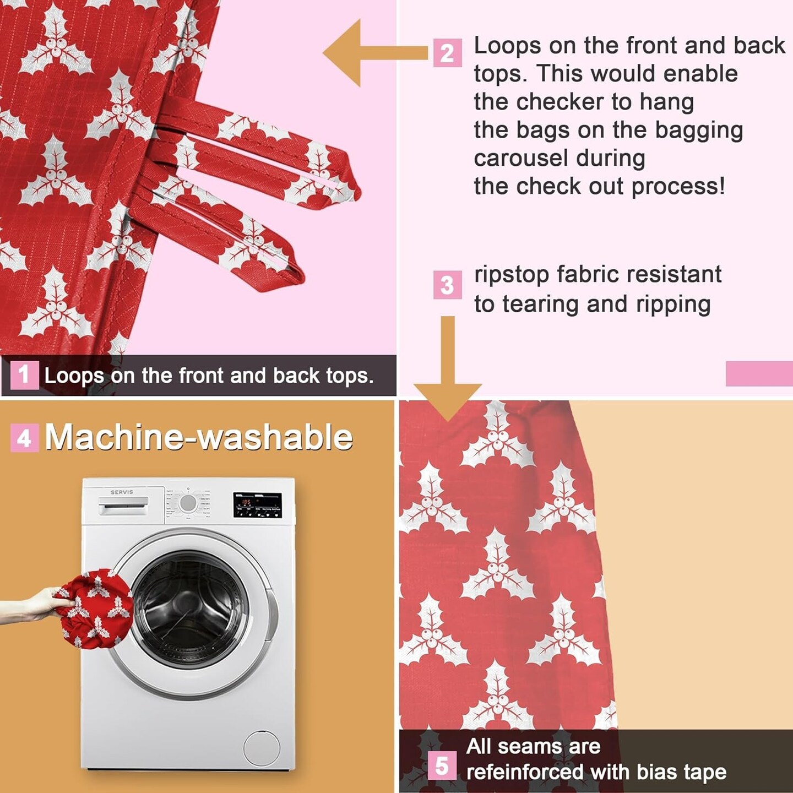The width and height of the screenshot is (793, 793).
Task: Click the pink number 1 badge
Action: pyautogui.click(x=24, y=375)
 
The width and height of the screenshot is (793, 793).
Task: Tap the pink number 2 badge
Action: pyautogui.click(x=447, y=53)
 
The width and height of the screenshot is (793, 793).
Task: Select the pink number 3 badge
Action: pyautogui.click(x=447, y=284)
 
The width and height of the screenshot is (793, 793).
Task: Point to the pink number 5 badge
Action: pyautogui.click(x=442, y=765)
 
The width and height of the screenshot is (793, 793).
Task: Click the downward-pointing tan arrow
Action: pyautogui.click(x=448, y=369)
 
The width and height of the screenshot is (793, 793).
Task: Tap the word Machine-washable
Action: pyautogui.click(x=199, y=437)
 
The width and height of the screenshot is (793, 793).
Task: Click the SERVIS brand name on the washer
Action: pyautogui.click(x=122, y=492)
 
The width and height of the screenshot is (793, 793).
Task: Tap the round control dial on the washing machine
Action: pyautogui.click(x=188, y=503)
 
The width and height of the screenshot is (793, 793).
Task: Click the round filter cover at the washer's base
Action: pyautogui.click(x=262, y=748)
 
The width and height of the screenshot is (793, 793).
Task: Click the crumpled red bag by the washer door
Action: pyautogui.click(x=95, y=609)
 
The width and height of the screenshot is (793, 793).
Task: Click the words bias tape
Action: pyautogui.click(x=681, y=772)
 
